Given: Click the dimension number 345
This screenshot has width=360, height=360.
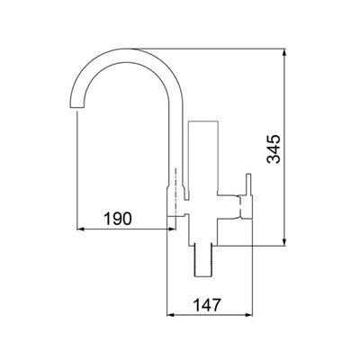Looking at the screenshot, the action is point(274,149).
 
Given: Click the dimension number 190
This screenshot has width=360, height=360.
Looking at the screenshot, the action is point(118,219).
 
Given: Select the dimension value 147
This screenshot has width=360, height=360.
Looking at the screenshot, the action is point(207,305).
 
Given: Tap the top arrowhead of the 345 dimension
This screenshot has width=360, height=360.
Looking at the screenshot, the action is point(285,52).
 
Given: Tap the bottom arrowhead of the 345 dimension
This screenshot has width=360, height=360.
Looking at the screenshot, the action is point(285,242).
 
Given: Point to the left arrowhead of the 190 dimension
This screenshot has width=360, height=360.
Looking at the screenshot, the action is point(81,229).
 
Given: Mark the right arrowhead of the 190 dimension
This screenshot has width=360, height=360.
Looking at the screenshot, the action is point(171,229).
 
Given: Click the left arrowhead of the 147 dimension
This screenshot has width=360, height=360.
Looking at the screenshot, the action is point(171,315).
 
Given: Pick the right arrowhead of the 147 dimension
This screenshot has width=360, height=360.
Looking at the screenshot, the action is point(248,315).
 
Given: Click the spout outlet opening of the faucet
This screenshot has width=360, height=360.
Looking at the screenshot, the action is point(76,108).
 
